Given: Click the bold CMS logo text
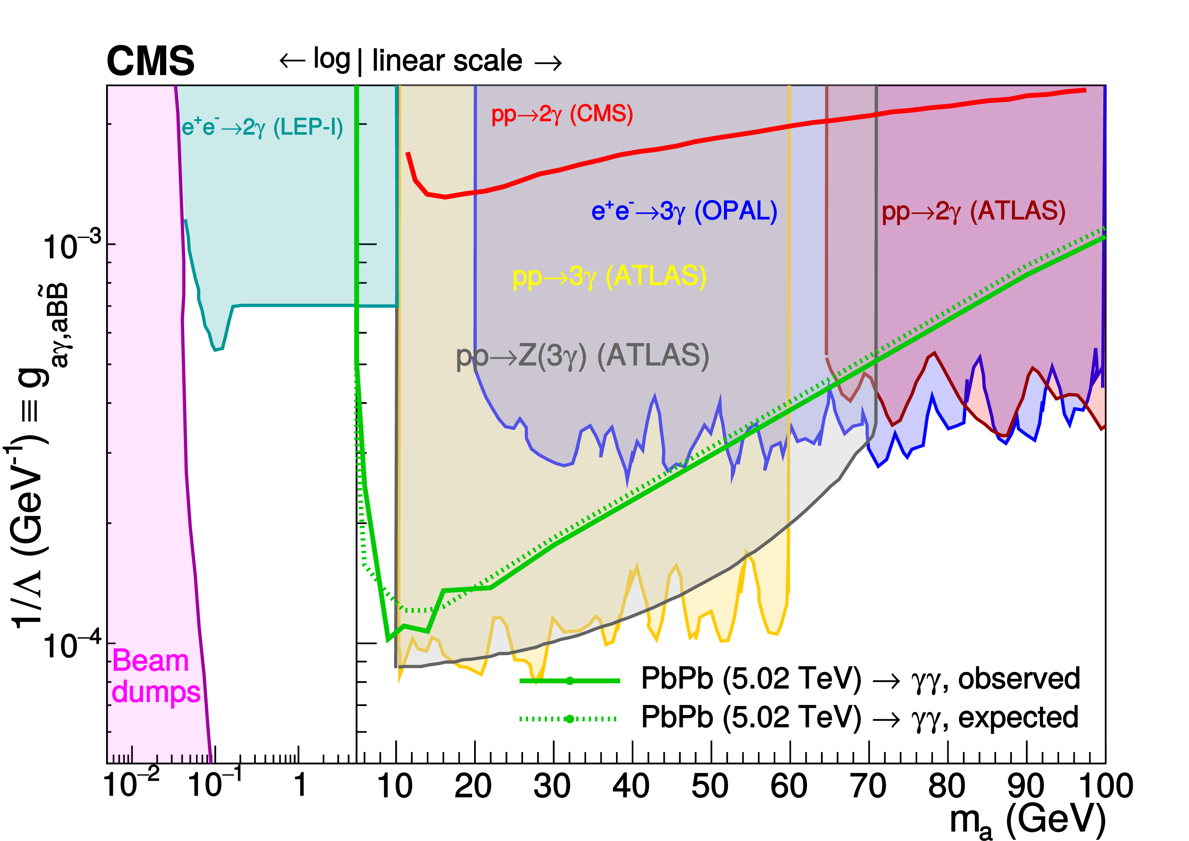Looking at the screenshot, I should point(150,61).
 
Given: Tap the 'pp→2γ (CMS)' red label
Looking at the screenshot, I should point(562,114).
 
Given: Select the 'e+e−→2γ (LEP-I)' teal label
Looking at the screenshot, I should point(262,127).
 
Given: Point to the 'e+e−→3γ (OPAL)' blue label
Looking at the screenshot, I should point(684,211).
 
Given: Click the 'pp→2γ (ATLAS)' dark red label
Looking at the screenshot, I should point(973,211).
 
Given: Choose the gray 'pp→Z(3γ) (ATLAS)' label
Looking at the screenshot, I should point(582,356).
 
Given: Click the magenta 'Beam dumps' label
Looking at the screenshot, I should point(156,676).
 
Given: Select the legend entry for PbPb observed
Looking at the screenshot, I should point(860,679).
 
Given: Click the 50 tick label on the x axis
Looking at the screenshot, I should point(710,786).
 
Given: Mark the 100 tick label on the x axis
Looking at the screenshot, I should point(1105,786).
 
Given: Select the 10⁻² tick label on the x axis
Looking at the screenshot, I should point(132,784).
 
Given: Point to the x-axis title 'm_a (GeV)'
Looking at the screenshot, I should point(1027,821).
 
